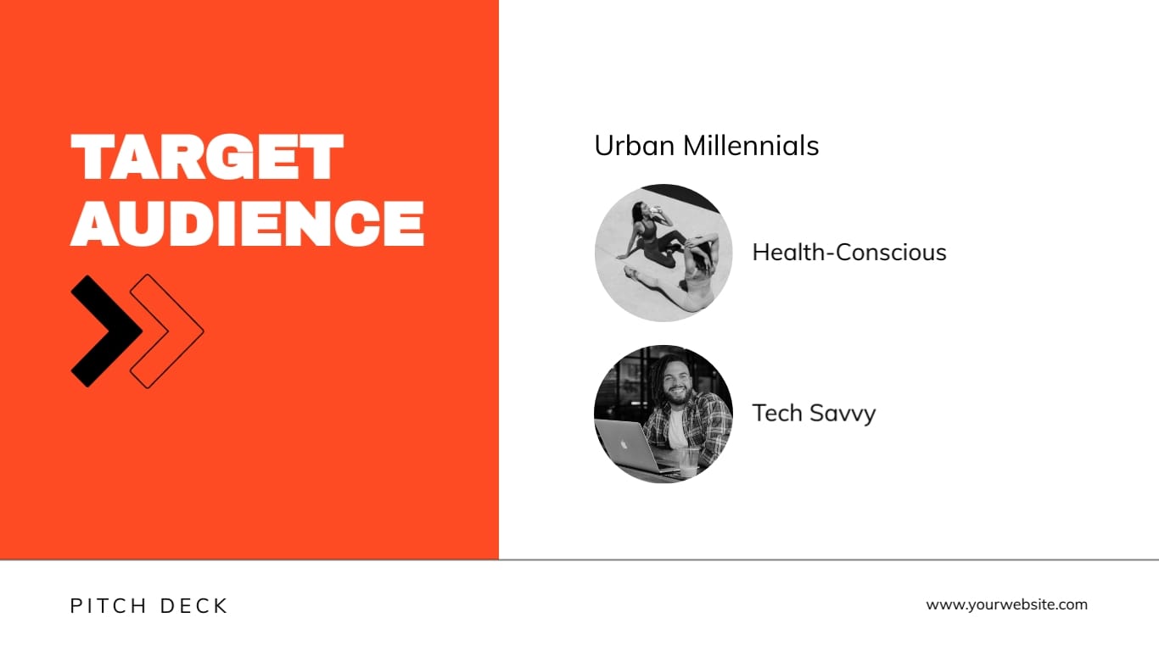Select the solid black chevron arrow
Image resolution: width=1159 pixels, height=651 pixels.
coord(104,331)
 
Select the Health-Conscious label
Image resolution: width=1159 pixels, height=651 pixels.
coord(849,253)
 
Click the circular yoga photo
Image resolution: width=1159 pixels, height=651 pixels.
coord(663,253)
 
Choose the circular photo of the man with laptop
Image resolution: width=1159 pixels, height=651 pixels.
coord(663,414)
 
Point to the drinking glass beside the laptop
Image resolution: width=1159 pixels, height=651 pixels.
coord(689,462)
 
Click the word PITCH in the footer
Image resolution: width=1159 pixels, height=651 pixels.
coord(104,606)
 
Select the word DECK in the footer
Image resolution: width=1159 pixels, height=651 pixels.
coord(194,606)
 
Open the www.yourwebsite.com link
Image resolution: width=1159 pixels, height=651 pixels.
coord(1006,604)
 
